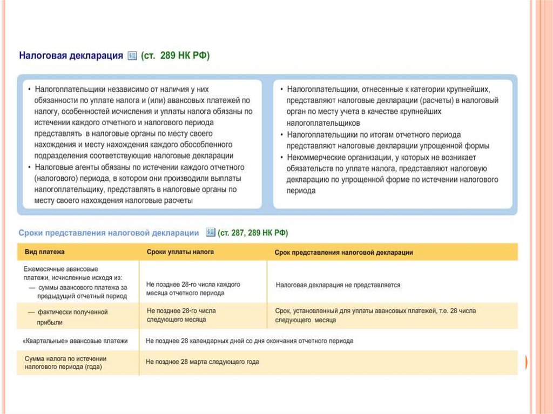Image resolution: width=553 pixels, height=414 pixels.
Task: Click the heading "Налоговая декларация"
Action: coord(71,56)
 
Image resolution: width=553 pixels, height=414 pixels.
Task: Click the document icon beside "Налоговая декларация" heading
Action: coord(132,56)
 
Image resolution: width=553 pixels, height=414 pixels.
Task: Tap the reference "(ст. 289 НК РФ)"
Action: coord(176,56)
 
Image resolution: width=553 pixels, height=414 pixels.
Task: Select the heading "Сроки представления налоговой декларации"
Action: coord(109,233)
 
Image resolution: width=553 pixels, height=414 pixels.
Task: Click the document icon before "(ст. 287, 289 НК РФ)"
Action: coord(211,233)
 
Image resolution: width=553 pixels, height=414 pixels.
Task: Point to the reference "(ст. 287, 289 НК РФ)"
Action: coord(253,233)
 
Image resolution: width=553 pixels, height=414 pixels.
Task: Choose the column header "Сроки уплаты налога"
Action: coord(180,252)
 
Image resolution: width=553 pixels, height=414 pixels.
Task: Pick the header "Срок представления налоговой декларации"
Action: coord(344,252)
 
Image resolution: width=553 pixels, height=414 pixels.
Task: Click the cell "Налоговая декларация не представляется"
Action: coord(338,284)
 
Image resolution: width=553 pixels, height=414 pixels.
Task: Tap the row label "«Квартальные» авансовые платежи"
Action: coord(76,341)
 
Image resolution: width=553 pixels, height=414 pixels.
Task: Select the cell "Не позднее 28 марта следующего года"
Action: coord(203,362)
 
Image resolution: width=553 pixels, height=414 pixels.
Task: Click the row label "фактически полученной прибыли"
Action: coord(72,317)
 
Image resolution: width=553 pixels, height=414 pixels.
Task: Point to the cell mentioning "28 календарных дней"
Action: coord(249,341)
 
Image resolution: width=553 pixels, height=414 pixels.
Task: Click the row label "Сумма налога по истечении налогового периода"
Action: coord(65,362)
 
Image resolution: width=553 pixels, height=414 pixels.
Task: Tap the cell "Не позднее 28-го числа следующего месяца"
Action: coord(181,315)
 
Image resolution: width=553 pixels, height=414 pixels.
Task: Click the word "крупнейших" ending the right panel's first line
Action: coord(469,89)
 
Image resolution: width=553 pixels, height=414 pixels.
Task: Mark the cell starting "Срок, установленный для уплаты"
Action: coord(376,315)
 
